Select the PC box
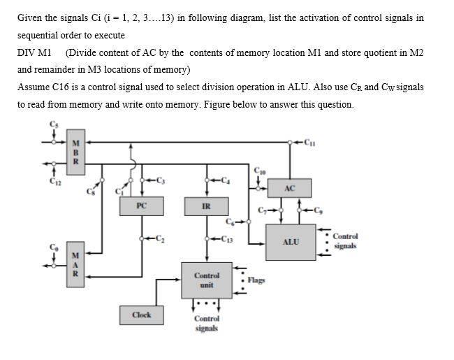click(x=142, y=206)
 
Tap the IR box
click(x=206, y=206)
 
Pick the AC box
click(x=291, y=189)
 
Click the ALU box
click(x=291, y=242)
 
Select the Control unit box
click(x=206, y=280)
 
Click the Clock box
click(x=142, y=315)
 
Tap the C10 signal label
click(x=260, y=169)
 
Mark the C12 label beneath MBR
click(x=52, y=184)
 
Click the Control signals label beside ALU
click(x=346, y=241)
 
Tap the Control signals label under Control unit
click(x=206, y=322)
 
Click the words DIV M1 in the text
click(x=34, y=52)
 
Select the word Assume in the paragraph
click(x=34, y=87)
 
